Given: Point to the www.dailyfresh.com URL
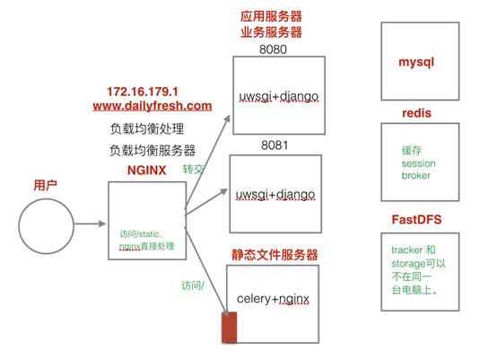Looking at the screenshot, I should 152,106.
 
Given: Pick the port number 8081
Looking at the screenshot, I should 275,145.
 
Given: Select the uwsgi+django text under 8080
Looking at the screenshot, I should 277,96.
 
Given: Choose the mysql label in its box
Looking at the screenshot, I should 418,63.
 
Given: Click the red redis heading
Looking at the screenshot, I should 418,113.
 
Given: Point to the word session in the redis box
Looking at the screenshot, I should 418,163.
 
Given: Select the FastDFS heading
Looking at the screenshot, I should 416,218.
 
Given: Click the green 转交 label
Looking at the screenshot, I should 195,169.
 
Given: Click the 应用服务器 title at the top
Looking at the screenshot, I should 271,16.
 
